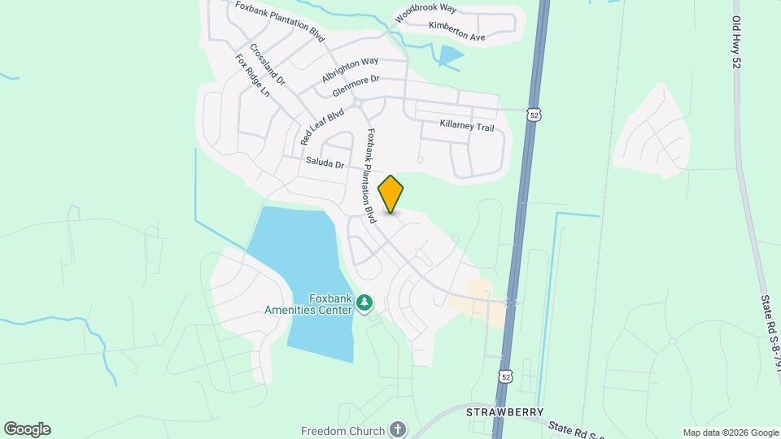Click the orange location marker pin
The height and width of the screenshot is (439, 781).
[x=391, y=194]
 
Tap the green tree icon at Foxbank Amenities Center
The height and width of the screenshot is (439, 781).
[x=364, y=304]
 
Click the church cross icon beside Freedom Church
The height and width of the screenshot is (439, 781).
[x=397, y=429]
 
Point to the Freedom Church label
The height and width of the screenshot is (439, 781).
[x=341, y=430]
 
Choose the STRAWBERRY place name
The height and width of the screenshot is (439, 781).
[x=504, y=412]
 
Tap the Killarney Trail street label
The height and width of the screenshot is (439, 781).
[x=467, y=127]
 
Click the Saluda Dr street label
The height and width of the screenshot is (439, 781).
[x=325, y=163]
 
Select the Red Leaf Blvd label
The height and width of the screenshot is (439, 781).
[x=322, y=125]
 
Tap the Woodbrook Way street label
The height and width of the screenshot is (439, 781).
[x=425, y=13]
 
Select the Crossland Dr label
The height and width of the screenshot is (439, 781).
[x=268, y=64]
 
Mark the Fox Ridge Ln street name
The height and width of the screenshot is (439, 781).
[x=252, y=76]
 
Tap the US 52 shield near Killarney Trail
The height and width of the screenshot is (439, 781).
[x=534, y=115]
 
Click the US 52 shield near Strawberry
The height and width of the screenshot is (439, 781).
[x=506, y=376]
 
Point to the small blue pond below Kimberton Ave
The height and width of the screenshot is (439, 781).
[x=450, y=55]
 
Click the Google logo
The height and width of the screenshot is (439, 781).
[x=27, y=429]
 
